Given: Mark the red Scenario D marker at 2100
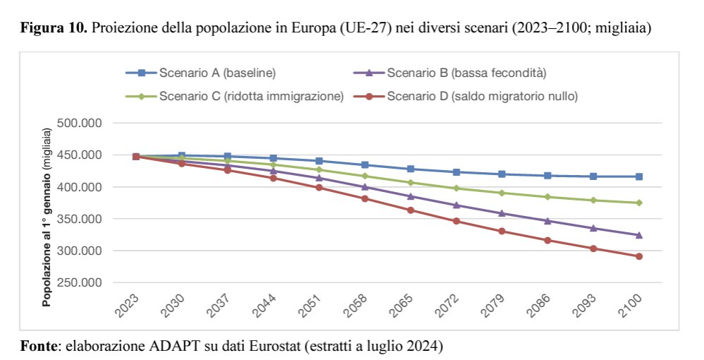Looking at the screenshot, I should click(x=638, y=256).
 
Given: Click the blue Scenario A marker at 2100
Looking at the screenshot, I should click(x=638, y=176).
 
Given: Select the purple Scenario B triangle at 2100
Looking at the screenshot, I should click(x=638, y=235).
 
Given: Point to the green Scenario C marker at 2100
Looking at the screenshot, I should click(x=638, y=203).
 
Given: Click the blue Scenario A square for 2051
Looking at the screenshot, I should click(x=319, y=161).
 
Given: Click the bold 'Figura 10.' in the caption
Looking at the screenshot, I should click(x=54, y=30).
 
